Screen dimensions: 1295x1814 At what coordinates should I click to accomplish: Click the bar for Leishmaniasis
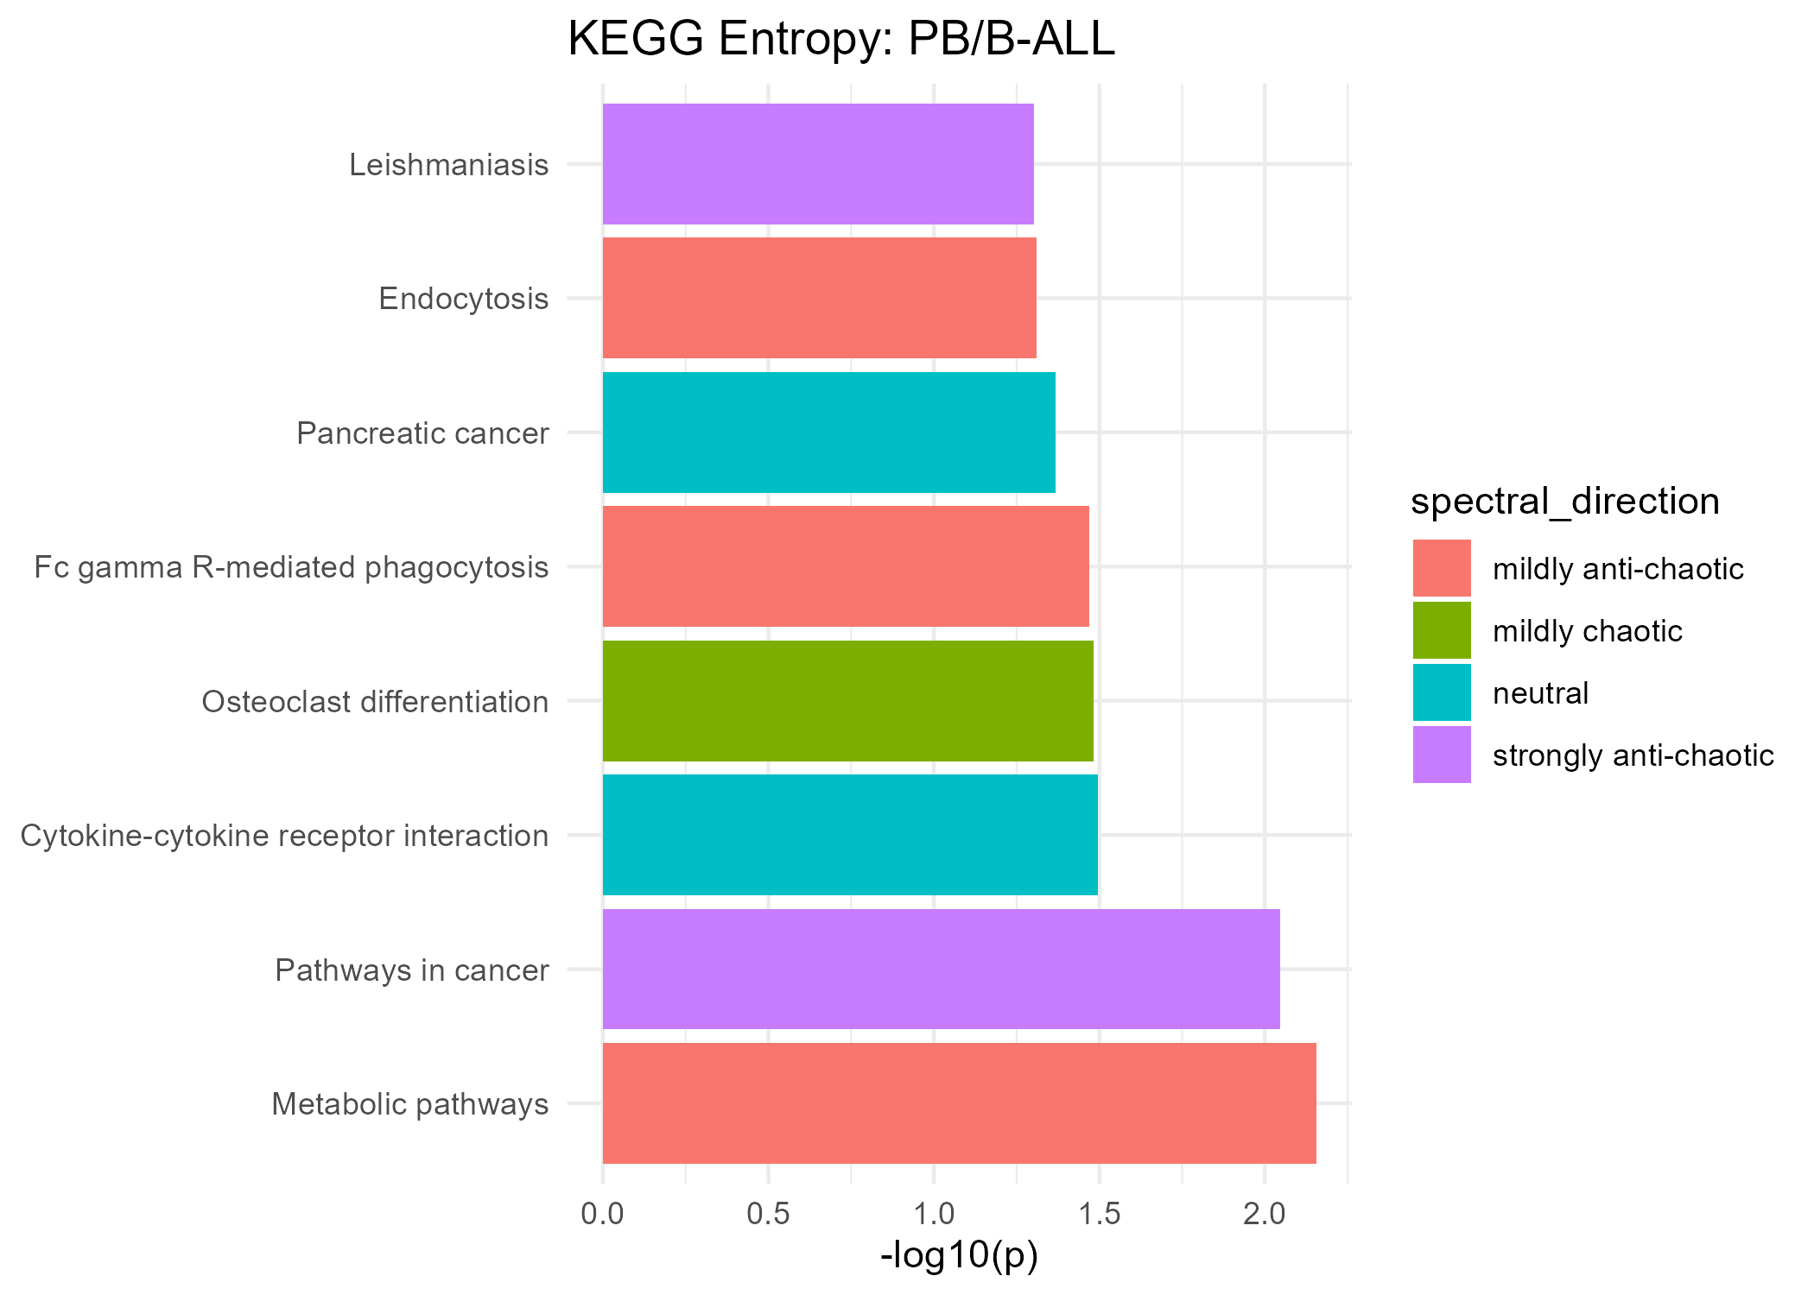tap(818, 164)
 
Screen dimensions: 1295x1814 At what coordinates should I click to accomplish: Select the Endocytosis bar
tap(819, 298)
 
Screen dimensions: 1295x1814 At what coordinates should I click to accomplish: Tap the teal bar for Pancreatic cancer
tap(828, 433)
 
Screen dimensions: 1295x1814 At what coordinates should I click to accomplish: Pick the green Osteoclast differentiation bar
tap(847, 701)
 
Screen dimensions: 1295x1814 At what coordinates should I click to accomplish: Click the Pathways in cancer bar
tap(941, 970)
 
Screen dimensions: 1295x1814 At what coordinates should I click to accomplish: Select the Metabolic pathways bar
tap(959, 1103)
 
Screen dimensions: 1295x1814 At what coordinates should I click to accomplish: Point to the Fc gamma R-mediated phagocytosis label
tap(291, 567)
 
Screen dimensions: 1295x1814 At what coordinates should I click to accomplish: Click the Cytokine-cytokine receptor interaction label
tap(284, 836)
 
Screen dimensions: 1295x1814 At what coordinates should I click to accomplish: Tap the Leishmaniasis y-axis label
tap(448, 164)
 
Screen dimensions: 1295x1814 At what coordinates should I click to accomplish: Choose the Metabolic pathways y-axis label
tap(410, 1104)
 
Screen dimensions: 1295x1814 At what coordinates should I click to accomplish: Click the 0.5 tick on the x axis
tap(768, 1214)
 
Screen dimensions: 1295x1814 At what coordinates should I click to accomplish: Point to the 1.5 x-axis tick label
tap(1099, 1214)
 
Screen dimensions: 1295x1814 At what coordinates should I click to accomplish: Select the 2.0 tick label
tap(1265, 1214)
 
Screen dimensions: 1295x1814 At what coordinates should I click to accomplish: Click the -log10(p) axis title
tap(959, 1255)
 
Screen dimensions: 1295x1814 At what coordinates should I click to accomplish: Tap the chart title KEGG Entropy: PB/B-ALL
tap(840, 40)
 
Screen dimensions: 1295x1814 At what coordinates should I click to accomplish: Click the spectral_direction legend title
tap(1564, 502)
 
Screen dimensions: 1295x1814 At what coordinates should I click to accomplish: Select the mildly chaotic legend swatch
tap(1442, 630)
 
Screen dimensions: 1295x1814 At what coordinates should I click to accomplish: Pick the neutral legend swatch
tap(1442, 692)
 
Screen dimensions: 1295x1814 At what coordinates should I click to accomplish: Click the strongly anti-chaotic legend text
tap(1633, 755)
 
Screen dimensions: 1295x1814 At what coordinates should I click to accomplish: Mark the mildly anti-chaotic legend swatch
tap(1442, 568)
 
